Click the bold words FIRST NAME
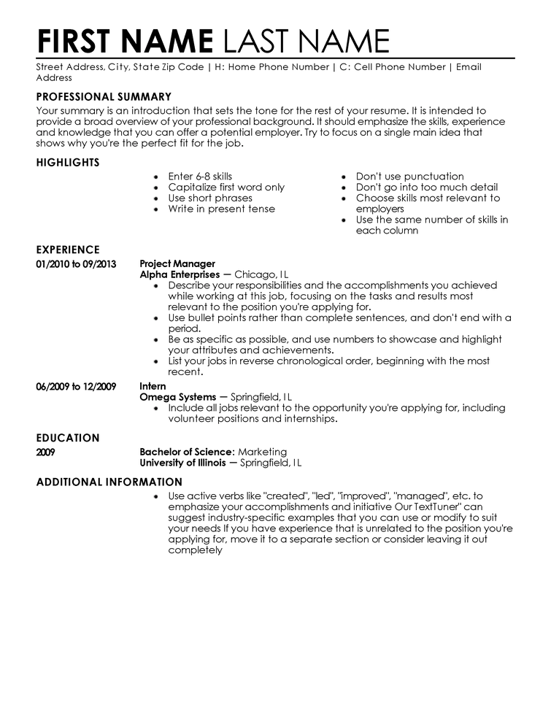pyautogui.click(x=124, y=40)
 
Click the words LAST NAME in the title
pyautogui.click(x=306, y=40)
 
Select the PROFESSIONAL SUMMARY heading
pyautogui.click(x=104, y=96)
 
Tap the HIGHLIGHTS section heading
pyautogui.click(x=68, y=162)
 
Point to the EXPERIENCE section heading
pyautogui.click(x=68, y=250)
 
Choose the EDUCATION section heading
pyautogui.click(x=68, y=438)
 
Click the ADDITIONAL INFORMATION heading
pyautogui.click(x=109, y=482)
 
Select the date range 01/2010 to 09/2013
pyautogui.click(x=76, y=263)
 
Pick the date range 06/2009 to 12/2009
pyautogui.click(x=76, y=386)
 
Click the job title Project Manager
pyautogui.click(x=177, y=263)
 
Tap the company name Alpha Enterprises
pyautogui.click(x=180, y=274)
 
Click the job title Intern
pyautogui.click(x=153, y=386)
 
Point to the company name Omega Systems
pyautogui.click(x=177, y=397)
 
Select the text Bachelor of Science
pyautogui.click(x=186, y=452)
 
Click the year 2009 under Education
pyautogui.click(x=45, y=452)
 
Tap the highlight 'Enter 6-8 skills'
pyautogui.click(x=200, y=177)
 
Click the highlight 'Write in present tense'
pyautogui.click(x=221, y=209)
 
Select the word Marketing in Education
pyautogui.click(x=263, y=452)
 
